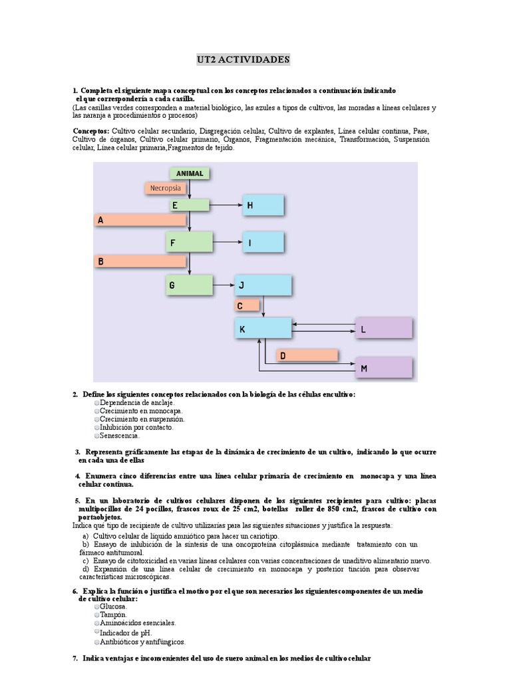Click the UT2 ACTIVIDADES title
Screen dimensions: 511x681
243,60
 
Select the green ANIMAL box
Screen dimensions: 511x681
190,174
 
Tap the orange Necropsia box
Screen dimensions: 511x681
166,188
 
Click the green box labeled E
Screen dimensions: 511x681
189,205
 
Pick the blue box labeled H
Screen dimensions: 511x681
264,206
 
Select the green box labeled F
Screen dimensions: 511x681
189,243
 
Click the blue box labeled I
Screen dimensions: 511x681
264,243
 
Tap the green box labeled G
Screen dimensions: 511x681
189,286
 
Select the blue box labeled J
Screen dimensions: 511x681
263,286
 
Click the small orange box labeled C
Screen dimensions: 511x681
247,306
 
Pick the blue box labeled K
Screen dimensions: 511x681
263,329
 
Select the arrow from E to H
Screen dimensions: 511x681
226,205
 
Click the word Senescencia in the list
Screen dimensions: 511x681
120,436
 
